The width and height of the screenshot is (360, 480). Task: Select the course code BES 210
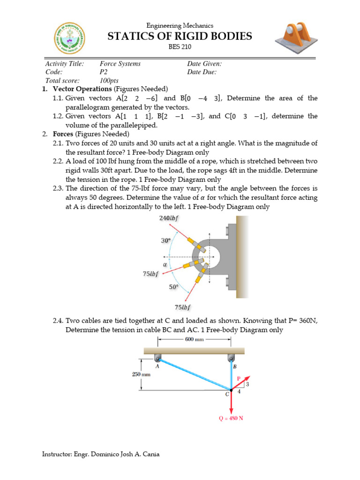tap(180, 46)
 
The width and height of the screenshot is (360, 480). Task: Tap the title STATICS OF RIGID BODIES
tap(180, 36)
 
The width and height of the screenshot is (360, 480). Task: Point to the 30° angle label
tap(165, 240)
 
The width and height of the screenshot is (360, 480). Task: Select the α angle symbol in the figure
tap(165, 264)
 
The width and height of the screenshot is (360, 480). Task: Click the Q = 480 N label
tap(231, 418)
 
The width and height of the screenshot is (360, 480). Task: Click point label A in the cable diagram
tap(157, 367)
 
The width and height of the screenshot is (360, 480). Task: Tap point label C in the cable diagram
tap(227, 394)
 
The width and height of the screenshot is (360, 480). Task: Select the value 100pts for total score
tap(108, 80)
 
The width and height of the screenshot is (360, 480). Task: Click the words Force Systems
tap(120, 63)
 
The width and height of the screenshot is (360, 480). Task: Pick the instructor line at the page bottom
tap(104, 454)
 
